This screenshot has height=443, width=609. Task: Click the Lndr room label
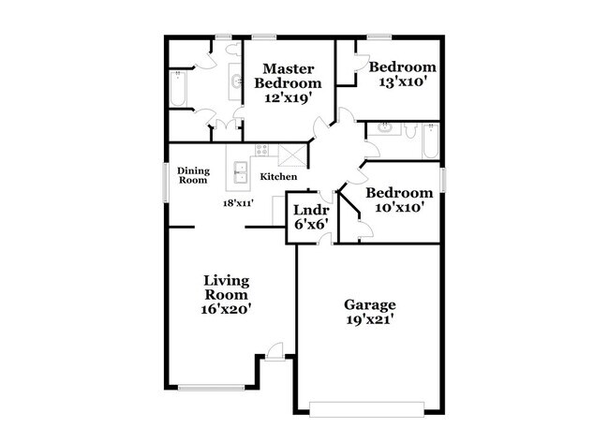pos(309,210)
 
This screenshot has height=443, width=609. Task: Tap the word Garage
pos(370,304)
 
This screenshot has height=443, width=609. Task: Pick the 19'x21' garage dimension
pos(369,320)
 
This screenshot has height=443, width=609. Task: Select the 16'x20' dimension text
pos(226,307)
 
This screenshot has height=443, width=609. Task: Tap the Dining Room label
pos(193,175)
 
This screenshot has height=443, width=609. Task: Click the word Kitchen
pos(278,177)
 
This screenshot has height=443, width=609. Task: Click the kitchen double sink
pos(241,171)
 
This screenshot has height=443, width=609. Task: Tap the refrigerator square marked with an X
pos(292,156)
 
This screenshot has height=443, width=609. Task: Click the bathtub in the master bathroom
pos(178,90)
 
